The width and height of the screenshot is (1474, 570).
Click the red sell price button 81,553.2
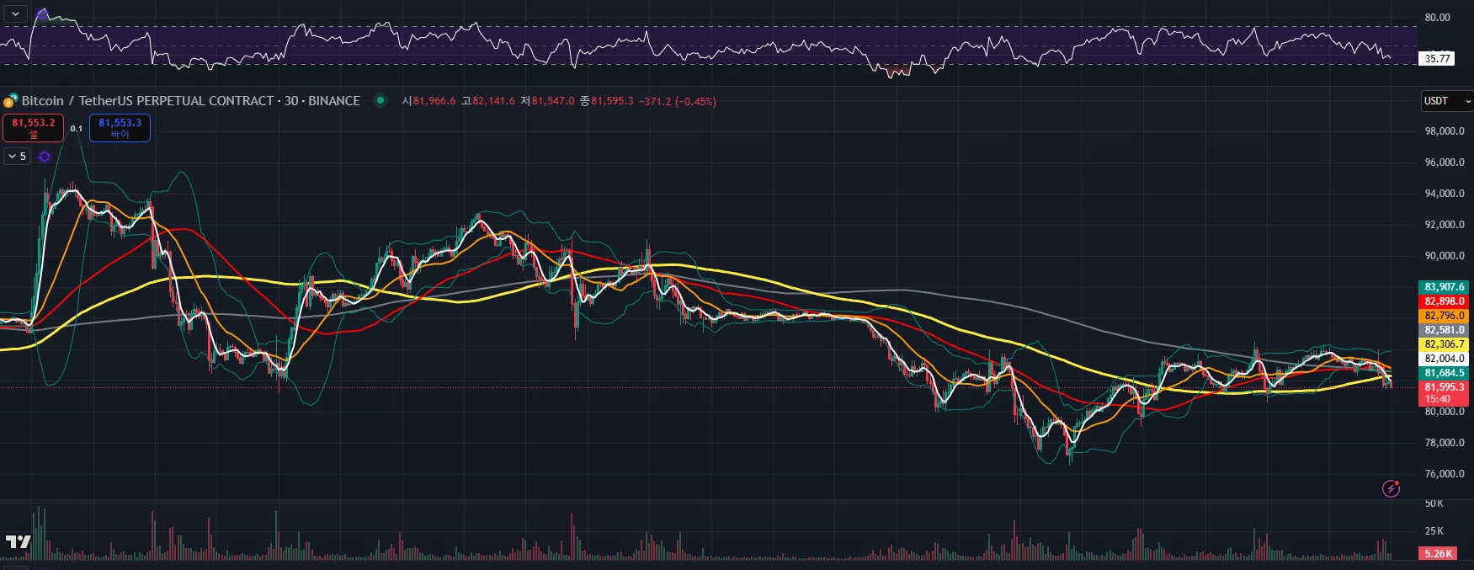(33, 128)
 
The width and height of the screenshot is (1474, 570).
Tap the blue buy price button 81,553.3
(120, 128)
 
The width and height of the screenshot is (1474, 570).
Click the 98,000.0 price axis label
(1444, 131)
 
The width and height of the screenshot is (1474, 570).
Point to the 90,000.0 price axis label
(1444, 256)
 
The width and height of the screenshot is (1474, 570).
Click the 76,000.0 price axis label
(1444, 474)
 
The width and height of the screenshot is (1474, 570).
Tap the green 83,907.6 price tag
(1444, 287)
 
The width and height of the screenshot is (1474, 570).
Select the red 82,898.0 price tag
(1444, 301)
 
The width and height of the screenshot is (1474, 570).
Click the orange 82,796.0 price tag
(1444, 316)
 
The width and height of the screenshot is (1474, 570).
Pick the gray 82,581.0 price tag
(1444, 330)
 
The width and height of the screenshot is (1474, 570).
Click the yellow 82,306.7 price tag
(1444, 344)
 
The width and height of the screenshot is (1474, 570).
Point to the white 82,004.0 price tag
(1444, 359)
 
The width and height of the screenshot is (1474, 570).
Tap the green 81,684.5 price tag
(1444, 373)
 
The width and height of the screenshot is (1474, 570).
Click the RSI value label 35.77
(1437, 59)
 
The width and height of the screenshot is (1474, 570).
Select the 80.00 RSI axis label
(1437, 18)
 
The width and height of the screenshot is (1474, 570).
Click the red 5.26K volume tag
(1438, 554)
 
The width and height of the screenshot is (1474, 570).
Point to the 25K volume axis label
(1434, 531)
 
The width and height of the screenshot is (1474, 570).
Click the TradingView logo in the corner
(18, 542)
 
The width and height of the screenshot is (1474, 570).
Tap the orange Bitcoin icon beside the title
(10, 101)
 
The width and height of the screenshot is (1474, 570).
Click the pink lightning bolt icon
(1391, 488)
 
